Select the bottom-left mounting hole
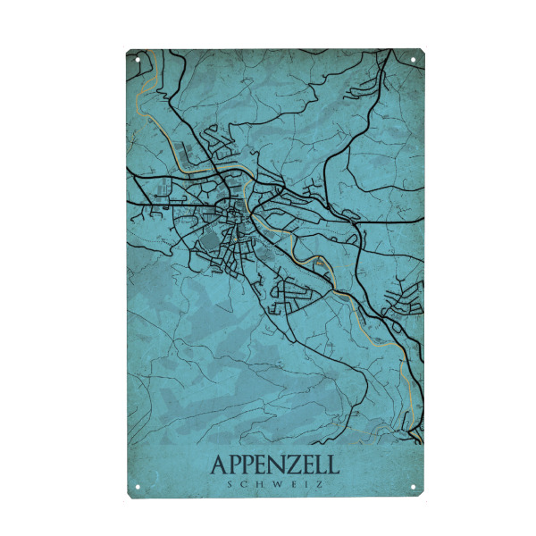pos(138,487)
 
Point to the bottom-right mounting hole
pos(414,487)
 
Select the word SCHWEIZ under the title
pos(274,484)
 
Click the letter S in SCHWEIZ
pos(231,484)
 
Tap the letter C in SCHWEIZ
pos(245,484)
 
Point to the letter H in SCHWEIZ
pos(259,484)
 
